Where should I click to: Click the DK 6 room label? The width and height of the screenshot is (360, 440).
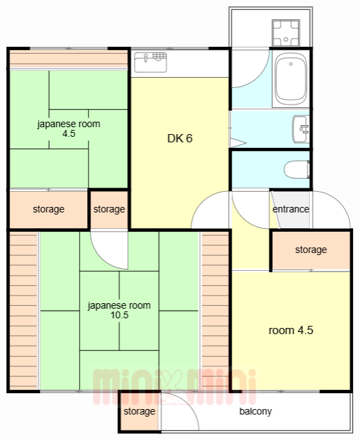pyautogui.click(x=180, y=138)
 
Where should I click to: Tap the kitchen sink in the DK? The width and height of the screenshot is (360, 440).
pyautogui.click(x=150, y=62)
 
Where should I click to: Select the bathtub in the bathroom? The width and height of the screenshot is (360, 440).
pyautogui.click(x=291, y=79)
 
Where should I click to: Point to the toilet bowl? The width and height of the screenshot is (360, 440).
pyautogui.click(x=297, y=169)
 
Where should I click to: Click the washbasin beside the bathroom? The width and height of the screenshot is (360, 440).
pyautogui.click(x=301, y=129)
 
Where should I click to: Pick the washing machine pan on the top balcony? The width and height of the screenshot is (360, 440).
pyautogui.click(x=286, y=33)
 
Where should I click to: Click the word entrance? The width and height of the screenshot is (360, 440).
pyautogui.click(x=291, y=209)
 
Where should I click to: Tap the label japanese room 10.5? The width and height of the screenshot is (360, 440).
pyautogui.click(x=119, y=310)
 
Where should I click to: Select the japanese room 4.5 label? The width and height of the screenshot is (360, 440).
pyautogui.click(x=69, y=129)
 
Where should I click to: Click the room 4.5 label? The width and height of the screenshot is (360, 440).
pyautogui.click(x=291, y=330)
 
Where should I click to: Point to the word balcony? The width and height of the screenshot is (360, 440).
pyautogui.click(x=256, y=411)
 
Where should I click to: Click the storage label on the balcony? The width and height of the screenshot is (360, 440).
pyautogui.click(x=139, y=411)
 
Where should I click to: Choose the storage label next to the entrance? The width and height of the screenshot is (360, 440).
pyautogui.click(x=311, y=250)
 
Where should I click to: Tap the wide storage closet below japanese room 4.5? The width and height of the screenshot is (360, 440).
pyautogui.click(x=49, y=209)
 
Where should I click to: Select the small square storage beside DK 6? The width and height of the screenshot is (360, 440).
pyautogui.click(x=109, y=209)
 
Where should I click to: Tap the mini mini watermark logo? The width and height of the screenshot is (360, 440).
pyautogui.click(x=175, y=386)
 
